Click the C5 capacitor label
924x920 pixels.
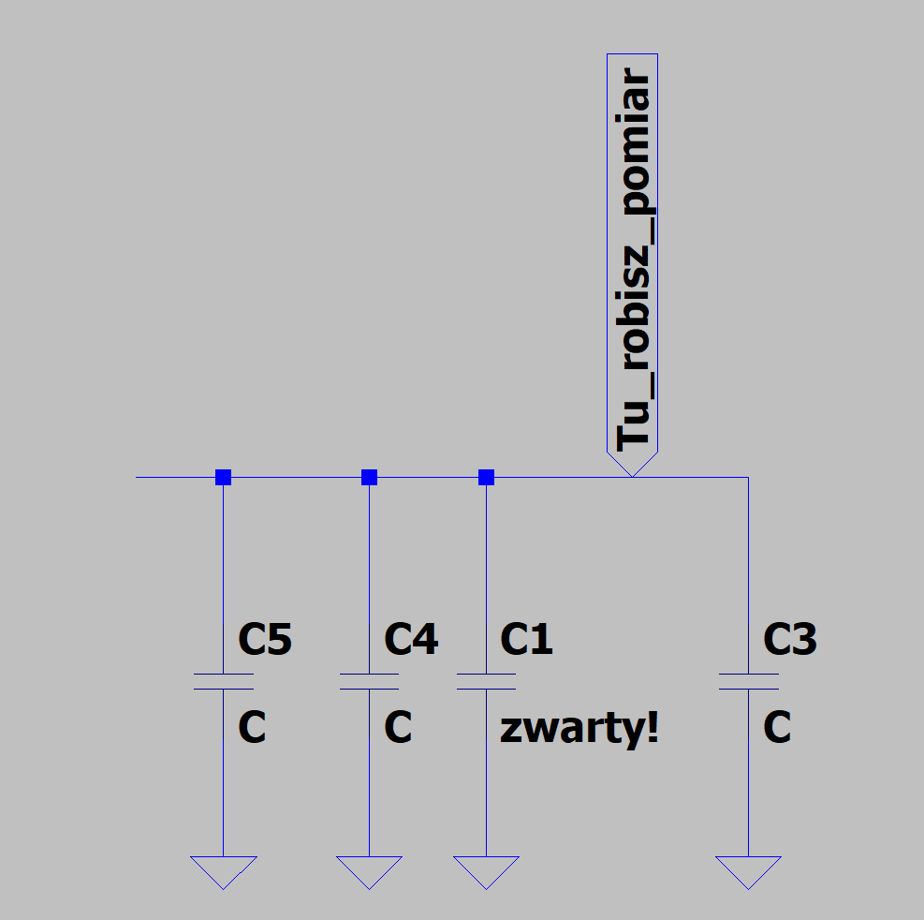pyautogui.click(x=265, y=639)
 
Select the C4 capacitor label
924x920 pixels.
pyautogui.click(x=411, y=639)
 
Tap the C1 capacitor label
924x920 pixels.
pyautogui.click(x=526, y=639)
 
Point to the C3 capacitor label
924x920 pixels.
pyautogui.click(x=789, y=639)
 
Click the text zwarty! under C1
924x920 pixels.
pyautogui.click(x=579, y=729)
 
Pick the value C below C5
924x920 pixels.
pyautogui.click(x=252, y=727)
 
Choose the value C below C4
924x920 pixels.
pyautogui.click(x=398, y=727)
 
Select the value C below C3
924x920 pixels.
pyautogui.click(x=777, y=727)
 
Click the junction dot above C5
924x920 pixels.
pyautogui.click(x=224, y=477)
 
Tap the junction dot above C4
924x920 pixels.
pyautogui.click(x=370, y=477)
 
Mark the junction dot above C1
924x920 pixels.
pyautogui.click(x=486, y=477)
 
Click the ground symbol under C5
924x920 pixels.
pyautogui.click(x=224, y=872)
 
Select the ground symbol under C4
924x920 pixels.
pyautogui.click(x=370, y=872)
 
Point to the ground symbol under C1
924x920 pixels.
pyautogui.click(x=486, y=872)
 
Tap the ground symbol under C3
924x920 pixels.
pyautogui.click(x=748, y=872)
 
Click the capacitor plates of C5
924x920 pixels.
pyautogui.click(x=224, y=681)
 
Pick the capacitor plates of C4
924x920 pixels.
pyautogui.click(x=370, y=681)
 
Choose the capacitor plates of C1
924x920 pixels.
pyautogui.click(x=486, y=681)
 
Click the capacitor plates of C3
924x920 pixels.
pyautogui.click(x=748, y=681)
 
